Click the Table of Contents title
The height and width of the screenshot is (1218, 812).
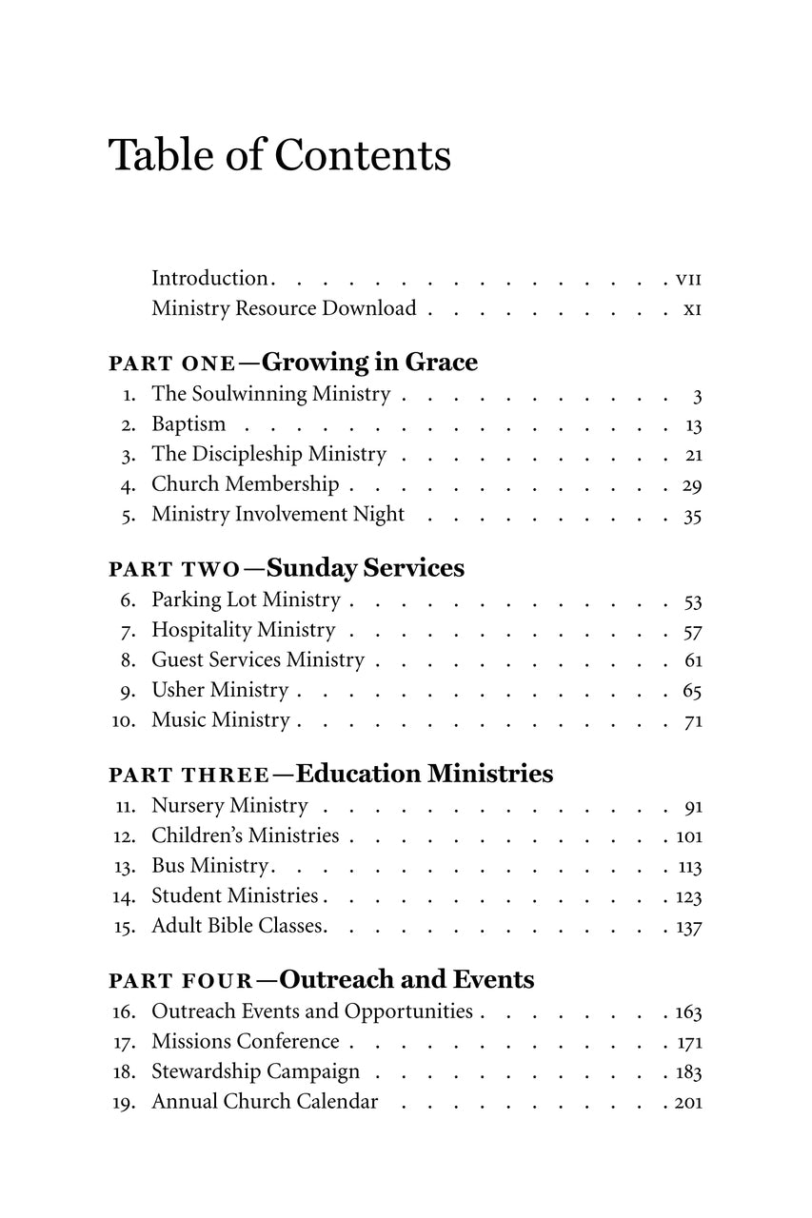[x=280, y=155]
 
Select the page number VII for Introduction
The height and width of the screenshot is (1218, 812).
[x=687, y=280]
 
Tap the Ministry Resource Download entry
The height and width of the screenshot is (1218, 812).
[x=284, y=309]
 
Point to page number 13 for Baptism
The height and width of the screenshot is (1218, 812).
[x=693, y=425]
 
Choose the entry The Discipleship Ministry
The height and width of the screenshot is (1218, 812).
[x=268, y=455]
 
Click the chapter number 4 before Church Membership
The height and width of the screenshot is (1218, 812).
[x=129, y=486]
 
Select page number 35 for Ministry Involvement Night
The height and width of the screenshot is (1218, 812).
[x=692, y=517]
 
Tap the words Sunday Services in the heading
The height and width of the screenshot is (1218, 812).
[x=365, y=568]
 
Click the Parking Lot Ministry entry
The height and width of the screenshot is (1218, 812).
[x=246, y=600]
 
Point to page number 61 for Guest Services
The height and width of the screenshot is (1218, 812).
[x=693, y=661]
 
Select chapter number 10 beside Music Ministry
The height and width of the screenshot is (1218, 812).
[x=124, y=721]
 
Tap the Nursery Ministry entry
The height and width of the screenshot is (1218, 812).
[x=229, y=806]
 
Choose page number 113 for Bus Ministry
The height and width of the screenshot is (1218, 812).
[x=688, y=868]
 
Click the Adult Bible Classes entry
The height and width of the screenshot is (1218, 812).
[x=239, y=926]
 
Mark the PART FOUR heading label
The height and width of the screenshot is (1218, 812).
[x=181, y=981]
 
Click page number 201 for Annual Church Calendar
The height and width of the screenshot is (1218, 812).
[x=688, y=1103]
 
